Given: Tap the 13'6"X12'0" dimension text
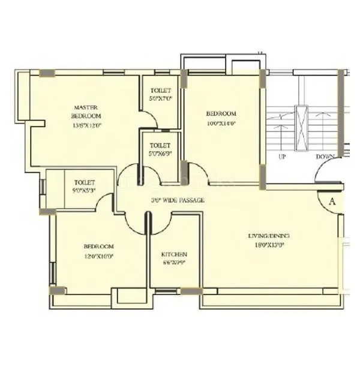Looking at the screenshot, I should pyautogui.click(x=86, y=125).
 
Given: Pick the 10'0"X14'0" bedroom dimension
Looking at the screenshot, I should pyautogui.click(x=221, y=124).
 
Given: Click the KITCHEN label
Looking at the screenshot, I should pyautogui.click(x=174, y=254).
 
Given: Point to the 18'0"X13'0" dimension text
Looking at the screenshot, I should pyautogui.click(x=269, y=245).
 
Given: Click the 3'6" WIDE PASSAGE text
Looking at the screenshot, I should pyautogui.click(x=178, y=200).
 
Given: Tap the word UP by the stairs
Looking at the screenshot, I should pyautogui.click(x=282, y=157).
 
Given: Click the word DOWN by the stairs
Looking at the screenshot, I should pyautogui.click(x=325, y=157).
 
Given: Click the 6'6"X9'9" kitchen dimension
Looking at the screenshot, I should pyautogui.click(x=174, y=263).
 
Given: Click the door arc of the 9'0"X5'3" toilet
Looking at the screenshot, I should pyautogui.click(x=105, y=203).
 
